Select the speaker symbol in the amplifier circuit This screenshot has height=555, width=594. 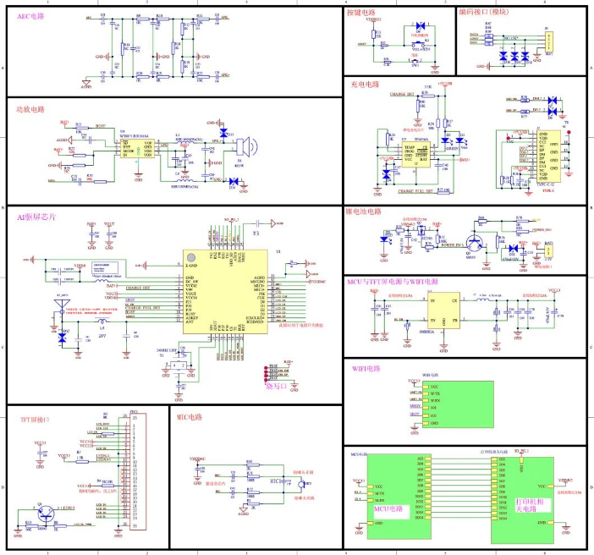[241, 145]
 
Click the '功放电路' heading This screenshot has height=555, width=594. [31, 110]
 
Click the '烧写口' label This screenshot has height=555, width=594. [277, 386]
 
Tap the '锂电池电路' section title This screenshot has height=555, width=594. [365, 212]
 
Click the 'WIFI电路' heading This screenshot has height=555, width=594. [366, 369]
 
